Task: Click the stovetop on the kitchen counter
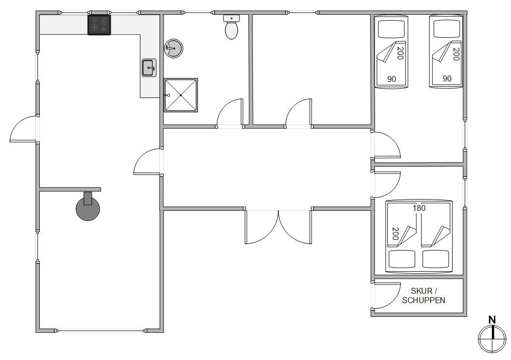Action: tap(99, 25)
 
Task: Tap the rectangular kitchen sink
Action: tap(149, 68)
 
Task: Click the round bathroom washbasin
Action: tap(173, 49)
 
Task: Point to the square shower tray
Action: tap(181, 95)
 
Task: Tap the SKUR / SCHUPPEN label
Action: tap(424, 296)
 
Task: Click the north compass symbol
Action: tap(492, 338)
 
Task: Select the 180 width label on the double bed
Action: tap(419, 208)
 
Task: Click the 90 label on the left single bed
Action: tap(392, 79)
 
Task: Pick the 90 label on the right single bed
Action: tap(447, 78)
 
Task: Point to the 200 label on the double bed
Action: tap(395, 234)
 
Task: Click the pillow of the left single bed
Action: tap(391, 29)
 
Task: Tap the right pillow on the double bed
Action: tap(436, 259)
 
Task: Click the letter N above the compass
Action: tap(492, 320)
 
